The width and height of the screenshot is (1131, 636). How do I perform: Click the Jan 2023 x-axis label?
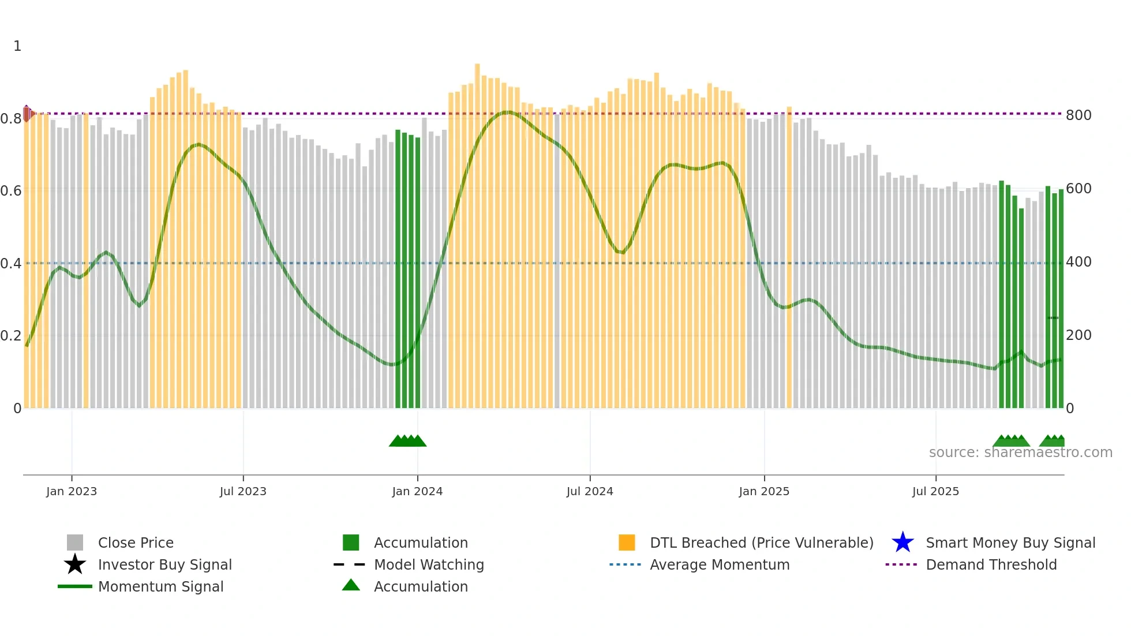72,491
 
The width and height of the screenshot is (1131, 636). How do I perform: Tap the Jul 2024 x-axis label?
590,491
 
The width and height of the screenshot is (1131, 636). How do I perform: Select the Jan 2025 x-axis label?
764,491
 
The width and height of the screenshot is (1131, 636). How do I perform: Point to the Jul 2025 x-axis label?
935,491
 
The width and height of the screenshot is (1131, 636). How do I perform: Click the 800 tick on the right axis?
1078,115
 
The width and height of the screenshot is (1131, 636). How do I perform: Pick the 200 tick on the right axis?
1078,335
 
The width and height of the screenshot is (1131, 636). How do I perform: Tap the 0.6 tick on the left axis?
11,191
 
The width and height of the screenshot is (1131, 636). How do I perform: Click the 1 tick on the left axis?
17,46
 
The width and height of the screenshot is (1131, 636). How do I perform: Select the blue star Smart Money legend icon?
902,543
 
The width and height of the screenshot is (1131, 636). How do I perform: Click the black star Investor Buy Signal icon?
75,564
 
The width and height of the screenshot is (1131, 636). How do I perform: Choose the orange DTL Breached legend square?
627,543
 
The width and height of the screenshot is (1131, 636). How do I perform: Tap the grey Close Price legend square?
75,543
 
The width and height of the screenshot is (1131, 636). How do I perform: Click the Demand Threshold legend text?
991,564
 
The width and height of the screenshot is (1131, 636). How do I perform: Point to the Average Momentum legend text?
720,564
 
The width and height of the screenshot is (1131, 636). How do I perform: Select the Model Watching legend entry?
429,564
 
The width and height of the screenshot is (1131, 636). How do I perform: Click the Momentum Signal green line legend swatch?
75,586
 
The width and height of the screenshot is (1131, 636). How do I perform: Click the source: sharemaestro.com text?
1020,452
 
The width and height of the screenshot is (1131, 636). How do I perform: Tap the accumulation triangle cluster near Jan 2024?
407,441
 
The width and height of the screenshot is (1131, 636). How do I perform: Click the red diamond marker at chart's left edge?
27,113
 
